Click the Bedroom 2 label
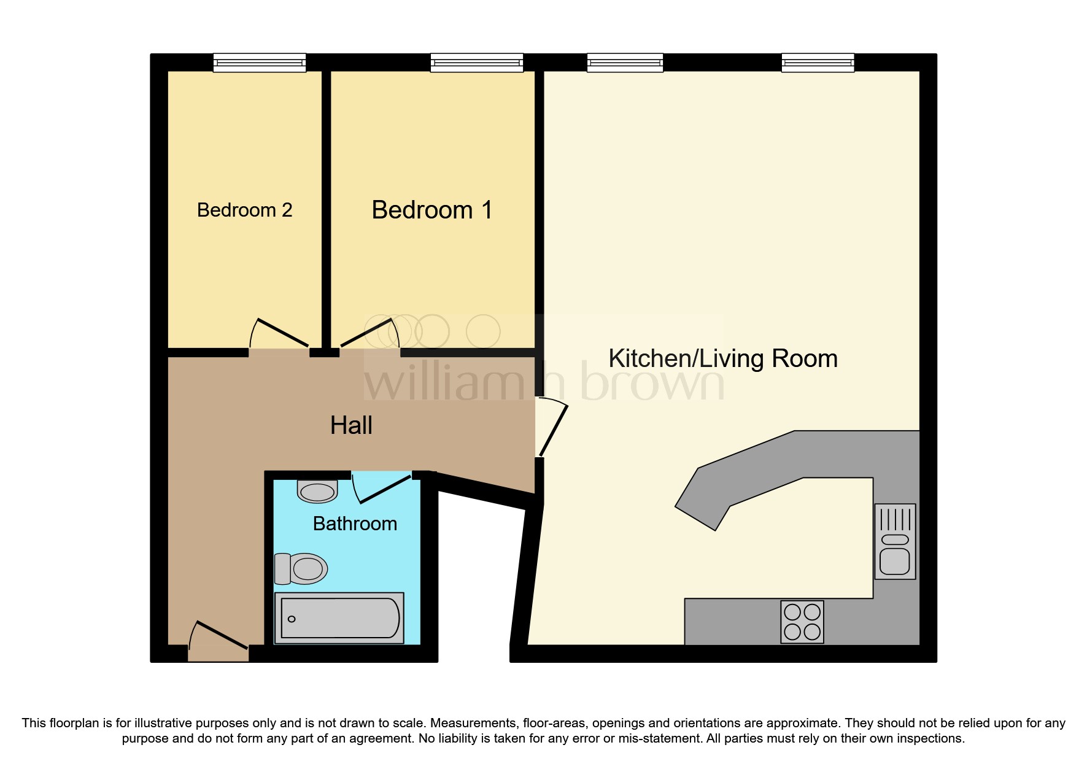pos(244,210)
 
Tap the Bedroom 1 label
pos(431,210)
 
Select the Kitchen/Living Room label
pos(722,358)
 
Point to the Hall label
pos(351,425)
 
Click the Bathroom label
pos(355,523)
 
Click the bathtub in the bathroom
pos(339,618)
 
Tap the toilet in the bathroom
pos(301,569)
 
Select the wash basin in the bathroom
pos(317,491)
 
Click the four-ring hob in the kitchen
pos(802,622)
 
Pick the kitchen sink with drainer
pos(895,541)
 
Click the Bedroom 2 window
pos(260,63)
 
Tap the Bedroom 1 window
pos(477,63)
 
